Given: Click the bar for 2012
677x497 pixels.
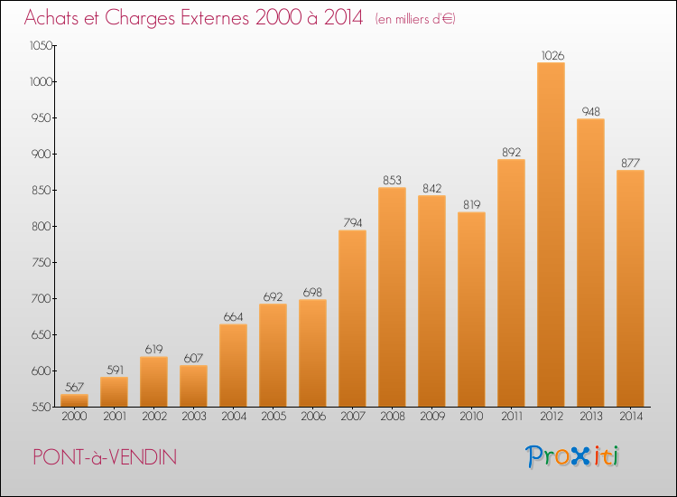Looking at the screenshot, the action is point(551,235).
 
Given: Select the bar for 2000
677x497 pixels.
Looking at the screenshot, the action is point(74,400).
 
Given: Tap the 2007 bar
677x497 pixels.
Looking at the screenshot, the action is point(352,318).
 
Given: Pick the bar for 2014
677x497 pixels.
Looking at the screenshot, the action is point(630,288).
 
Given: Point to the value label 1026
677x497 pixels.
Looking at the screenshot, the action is point(552,55).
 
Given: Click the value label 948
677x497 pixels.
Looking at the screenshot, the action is point(590,111).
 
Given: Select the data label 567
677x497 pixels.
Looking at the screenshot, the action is point(74,387).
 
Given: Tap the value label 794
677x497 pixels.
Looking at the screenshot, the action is point(353,222).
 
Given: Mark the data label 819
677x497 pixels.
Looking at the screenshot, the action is point(472,204).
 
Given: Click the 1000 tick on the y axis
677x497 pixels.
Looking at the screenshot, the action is point(41,81).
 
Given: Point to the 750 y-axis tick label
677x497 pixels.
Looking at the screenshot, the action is point(42,262).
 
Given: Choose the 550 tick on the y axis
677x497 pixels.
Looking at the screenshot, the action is point(42,407).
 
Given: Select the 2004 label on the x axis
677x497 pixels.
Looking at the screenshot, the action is point(234,417).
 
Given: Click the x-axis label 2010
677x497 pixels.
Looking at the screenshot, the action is point(471,417).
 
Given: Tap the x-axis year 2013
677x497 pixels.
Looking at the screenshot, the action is point(590,417).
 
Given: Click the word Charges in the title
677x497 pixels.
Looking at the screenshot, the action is point(140,18).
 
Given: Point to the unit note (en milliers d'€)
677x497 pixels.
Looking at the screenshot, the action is point(415,19).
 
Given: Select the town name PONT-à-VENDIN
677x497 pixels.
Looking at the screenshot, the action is point(105,457).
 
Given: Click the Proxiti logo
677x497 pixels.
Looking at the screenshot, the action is point(572,456).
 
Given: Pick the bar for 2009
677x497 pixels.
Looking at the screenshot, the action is point(431,301).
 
